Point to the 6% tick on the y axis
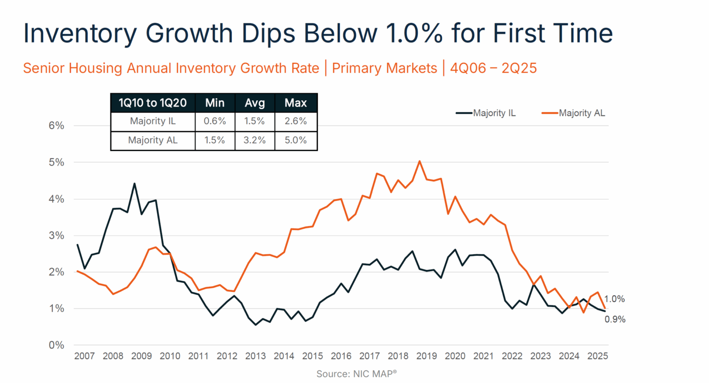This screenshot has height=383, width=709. (x=56, y=126)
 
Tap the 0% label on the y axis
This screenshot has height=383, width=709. (x=56, y=345)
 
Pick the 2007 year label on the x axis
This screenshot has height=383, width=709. (x=84, y=356)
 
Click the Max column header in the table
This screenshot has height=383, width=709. (x=296, y=103)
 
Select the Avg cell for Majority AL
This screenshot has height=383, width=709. (x=255, y=140)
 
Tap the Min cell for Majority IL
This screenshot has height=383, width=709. (x=215, y=122)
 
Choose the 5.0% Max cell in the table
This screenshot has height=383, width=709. (x=296, y=140)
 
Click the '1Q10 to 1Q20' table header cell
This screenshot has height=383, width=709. (x=152, y=103)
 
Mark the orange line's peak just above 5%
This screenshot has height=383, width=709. (x=419, y=161)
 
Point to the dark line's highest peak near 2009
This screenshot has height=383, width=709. (x=134, y=183)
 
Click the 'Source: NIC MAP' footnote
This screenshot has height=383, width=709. (x=356, y=374)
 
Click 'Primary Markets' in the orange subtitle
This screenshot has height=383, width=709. (x=384, y=68)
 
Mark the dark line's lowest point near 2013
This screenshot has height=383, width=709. (x=255, y=324)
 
